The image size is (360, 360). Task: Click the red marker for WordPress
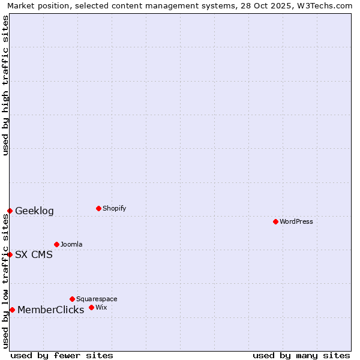275,221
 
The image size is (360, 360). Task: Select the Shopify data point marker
98,208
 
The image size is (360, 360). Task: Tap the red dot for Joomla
56,244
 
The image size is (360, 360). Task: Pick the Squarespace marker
72,299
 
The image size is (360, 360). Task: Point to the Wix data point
91,307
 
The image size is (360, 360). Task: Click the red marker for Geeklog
10,211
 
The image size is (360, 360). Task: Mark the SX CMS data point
10,254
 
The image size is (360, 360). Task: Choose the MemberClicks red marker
12,310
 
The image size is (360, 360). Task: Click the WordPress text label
296,221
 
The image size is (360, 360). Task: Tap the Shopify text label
115,208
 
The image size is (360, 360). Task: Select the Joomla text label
71,244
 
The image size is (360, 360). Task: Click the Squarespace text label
97,299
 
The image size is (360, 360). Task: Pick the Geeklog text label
34,211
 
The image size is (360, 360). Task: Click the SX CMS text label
34,254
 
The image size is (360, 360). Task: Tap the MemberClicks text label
50,310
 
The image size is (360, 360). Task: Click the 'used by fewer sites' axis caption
62,355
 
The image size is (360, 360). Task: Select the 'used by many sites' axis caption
301,355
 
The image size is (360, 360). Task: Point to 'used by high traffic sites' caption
6,85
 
